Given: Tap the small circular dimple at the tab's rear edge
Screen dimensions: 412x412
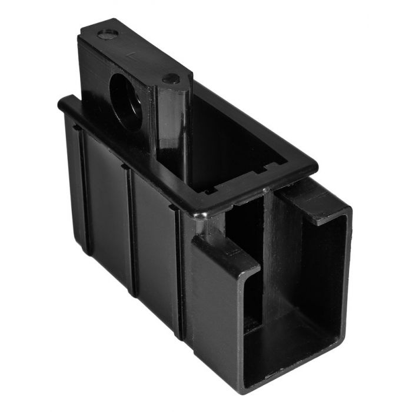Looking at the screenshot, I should (x=107, y=34).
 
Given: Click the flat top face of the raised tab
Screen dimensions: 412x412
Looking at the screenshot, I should (x=141, y=56).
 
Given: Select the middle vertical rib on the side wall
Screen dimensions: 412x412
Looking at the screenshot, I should (x=130, y=230).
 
